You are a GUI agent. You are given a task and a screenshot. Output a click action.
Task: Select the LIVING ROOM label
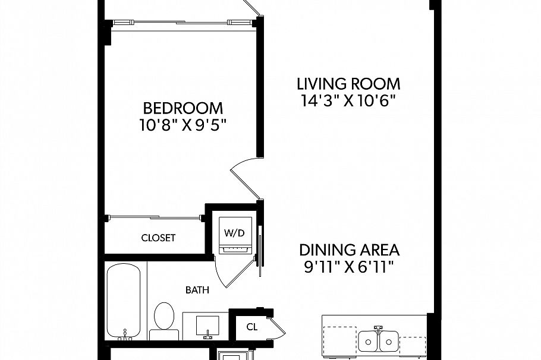pos(348,84)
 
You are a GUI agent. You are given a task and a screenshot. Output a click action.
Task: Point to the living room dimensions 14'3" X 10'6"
pos(348,100)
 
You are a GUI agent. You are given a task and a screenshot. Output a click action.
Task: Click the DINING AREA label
pos(348,249)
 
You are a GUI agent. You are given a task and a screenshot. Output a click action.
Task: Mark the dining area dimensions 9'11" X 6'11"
pos(348,266)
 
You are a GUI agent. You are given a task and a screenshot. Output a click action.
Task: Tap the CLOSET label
pos(158,238)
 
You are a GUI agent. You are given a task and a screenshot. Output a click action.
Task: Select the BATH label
pos(197,290)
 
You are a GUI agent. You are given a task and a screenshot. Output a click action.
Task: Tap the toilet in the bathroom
pos(163,317)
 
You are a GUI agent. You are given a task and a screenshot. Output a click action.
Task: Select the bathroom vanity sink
pos(207,325)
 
